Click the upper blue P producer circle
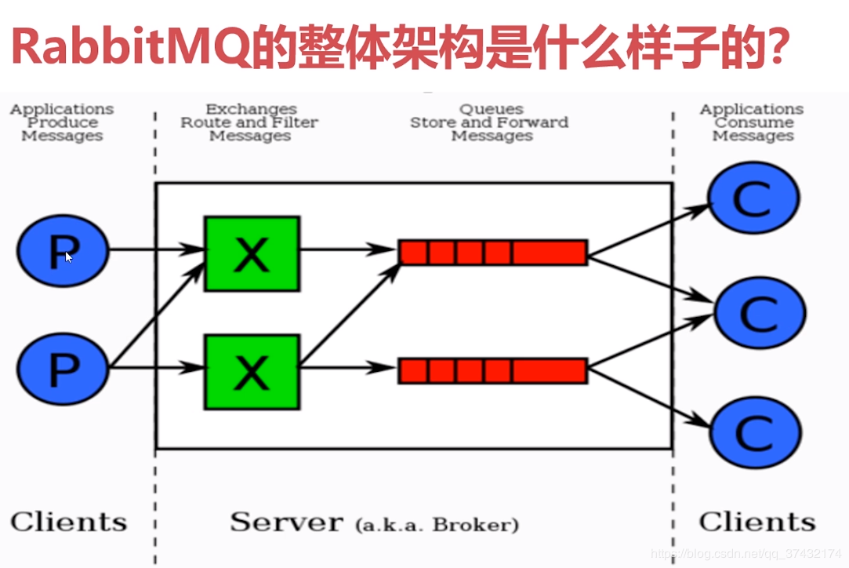pos(63,251)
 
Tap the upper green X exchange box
pos(252,254)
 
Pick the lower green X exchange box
pos(252,372)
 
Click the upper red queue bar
pos(493,253)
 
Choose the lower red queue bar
pos(493,370)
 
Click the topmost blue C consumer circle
pos(753,198)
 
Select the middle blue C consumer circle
pos(760,313)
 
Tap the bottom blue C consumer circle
pos(755,431)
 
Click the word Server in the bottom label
pos(286,522)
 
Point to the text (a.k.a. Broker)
pos(436,524)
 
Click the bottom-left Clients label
pos(68,522)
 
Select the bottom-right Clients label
pos(756,522)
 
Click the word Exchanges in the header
pos(251,109)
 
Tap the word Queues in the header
pos(492,109)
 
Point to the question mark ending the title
pos(774,49)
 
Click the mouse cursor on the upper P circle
pos(68,256)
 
